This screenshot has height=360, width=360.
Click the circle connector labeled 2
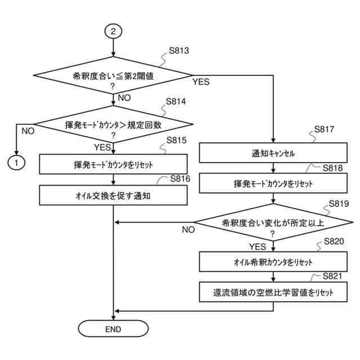pyautogui.click(x=114, y=31)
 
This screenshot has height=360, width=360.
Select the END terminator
pyautogui.click(x=113, y=328)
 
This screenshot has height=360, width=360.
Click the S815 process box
pyautogui.click(x=114, y=165)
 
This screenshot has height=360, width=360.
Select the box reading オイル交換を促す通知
pyautogui.click(x=114, y=196)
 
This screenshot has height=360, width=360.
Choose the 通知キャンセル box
pyautogui.click(x=273, y=153)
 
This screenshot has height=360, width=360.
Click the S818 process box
pyautogui.click(x=273, y=183)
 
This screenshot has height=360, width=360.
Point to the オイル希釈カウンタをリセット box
pyautogui.click(x=273, y=262)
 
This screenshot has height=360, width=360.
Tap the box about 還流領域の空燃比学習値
pyautogui.click(x=273, y=292)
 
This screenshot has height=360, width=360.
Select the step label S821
pyautogui.click(x=336, y=275)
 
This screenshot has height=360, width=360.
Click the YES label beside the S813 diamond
pyautogui.click(x=201, y=82)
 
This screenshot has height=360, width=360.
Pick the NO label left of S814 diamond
pyautogui.click(x=27, y=130)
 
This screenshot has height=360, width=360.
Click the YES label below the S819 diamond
pyautogui.click(x=258, y=246)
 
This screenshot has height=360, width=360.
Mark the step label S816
pyautogui.click(x=180, y=178)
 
